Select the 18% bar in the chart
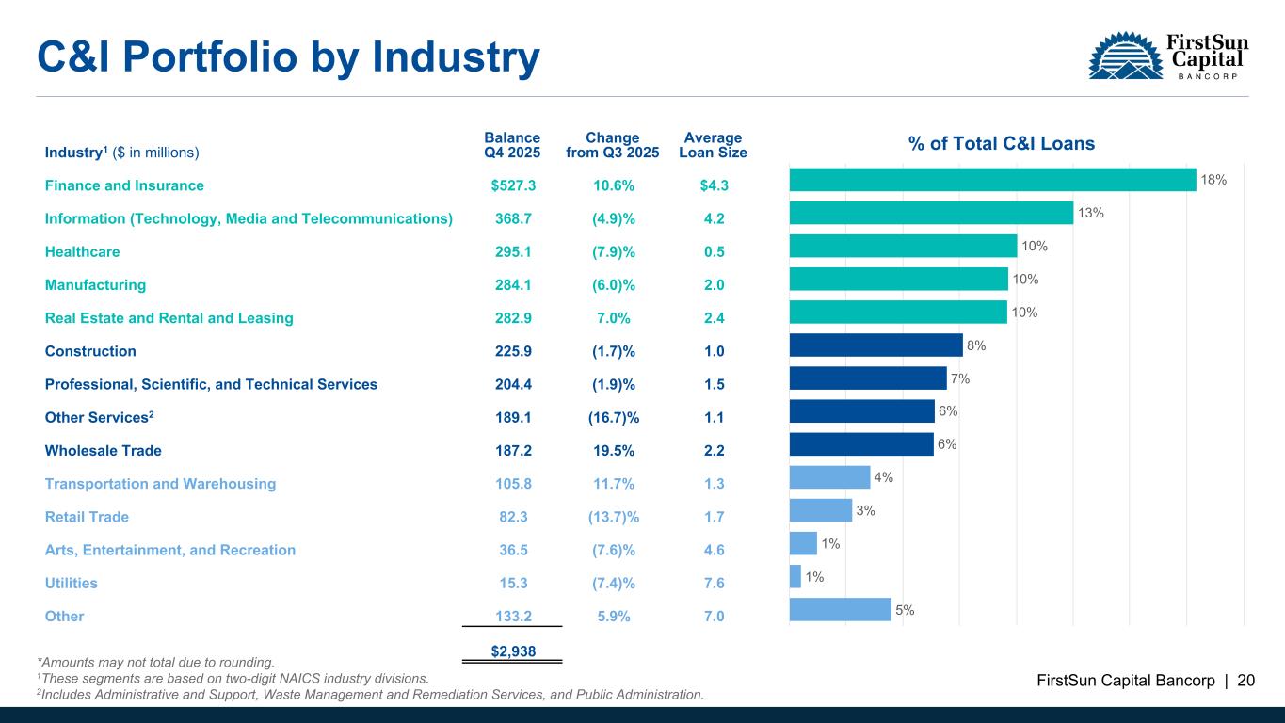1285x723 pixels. tap(992, 179)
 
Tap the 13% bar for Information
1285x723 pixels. tap(931, 213)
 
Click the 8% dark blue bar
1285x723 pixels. tap(875, 345)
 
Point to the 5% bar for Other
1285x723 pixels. tap(840, 609)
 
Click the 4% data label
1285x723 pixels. tap(884, 477)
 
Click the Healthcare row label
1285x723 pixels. tap(82, 252)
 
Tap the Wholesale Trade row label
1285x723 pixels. tap(103, 451)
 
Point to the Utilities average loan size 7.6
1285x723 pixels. tap(714, 584)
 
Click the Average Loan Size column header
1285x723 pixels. tap(713, 145)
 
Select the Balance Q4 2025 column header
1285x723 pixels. tap(512, 145)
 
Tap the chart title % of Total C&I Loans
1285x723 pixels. tap(1002, 144)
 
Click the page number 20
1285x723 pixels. tap(1245, 681)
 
